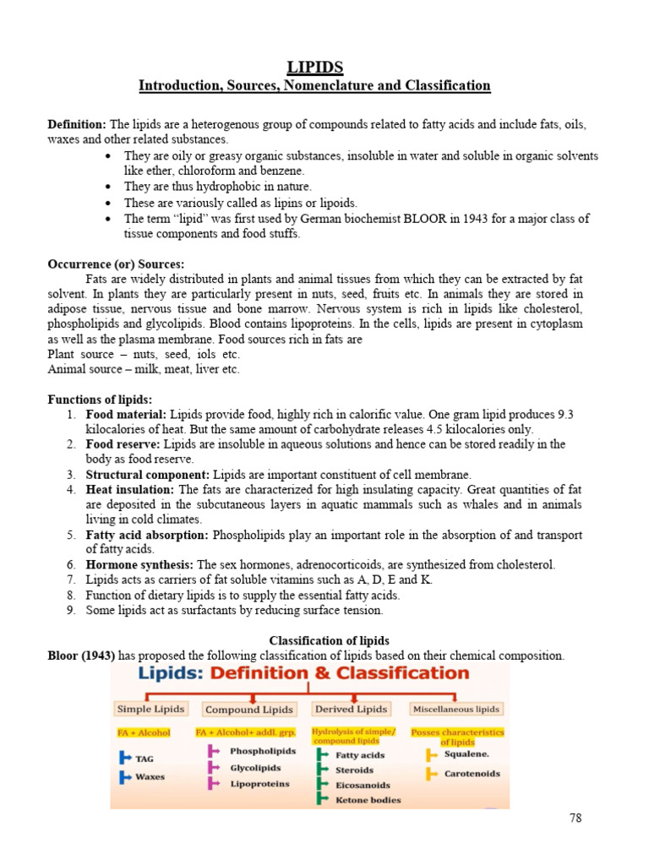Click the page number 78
coord(575,818)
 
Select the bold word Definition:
coord(77,124)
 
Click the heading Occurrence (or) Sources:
coord(116,264)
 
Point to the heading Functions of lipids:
coord(100,399)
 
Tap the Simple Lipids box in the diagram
coord(151,709)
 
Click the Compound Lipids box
coord(249,710)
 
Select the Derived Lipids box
coord(351,709)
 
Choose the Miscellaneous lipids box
coord(456,709)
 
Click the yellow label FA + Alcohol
coord(144,732)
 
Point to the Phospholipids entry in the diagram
coord(263,751)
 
